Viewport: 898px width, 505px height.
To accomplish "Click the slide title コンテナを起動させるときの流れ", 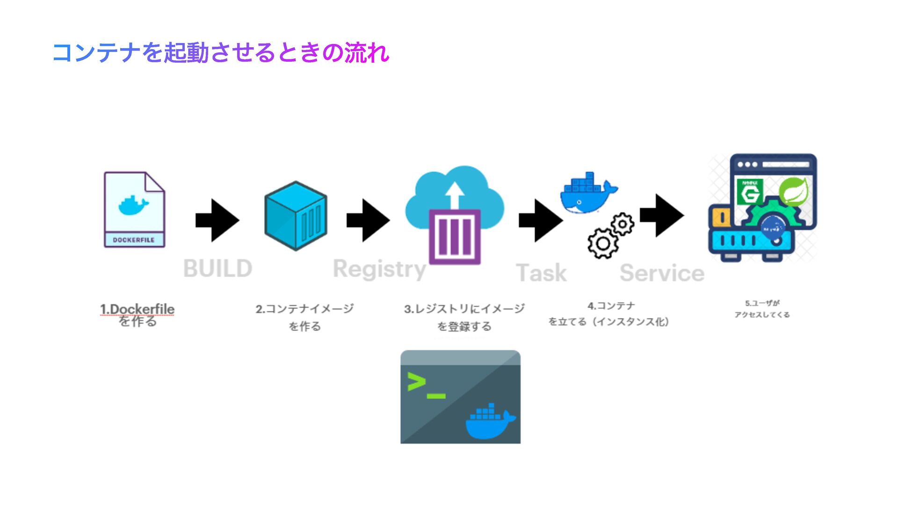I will point(220,52).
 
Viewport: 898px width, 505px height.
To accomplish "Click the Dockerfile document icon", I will point(134,209).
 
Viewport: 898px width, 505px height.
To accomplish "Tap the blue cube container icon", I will point(296,216).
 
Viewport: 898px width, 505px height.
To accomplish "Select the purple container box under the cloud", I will point(455,237).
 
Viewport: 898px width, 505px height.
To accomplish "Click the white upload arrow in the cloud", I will point(454,195).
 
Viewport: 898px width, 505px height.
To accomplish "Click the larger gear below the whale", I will point(603,243).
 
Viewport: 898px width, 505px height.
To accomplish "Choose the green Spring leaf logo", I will point(793,191).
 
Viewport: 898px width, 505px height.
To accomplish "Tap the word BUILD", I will point(218,269).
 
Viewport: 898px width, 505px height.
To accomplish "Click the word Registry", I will point(379,269).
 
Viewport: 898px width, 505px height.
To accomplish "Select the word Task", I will point(541,273).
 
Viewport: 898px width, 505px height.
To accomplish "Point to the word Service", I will point(662,273).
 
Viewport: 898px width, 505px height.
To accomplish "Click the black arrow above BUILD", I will point(217,220).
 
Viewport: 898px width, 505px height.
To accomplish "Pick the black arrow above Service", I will point(662,216).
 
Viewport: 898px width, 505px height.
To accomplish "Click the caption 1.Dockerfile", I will point(137,309).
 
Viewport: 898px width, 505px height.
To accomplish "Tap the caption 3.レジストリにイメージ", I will point(464,309).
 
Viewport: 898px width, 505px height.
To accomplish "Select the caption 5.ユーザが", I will point(762,303).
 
